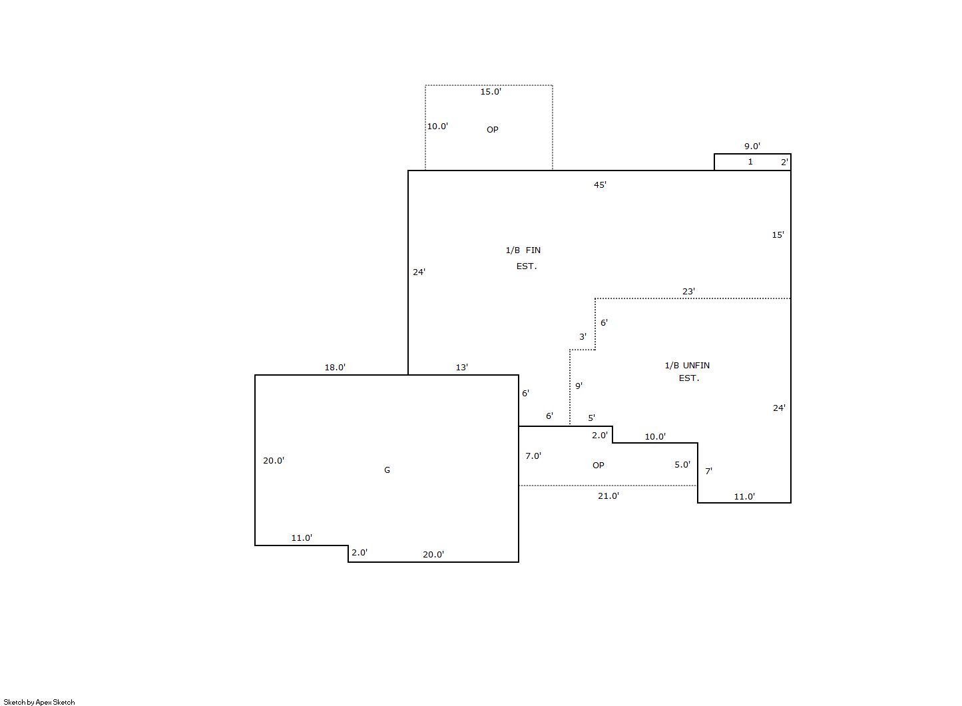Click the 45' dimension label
(x=600, y=184)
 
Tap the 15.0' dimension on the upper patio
(x=491, y=91)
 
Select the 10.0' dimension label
(x=437, y=126)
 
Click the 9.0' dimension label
(x=752, y=146)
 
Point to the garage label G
(x=387, y=470)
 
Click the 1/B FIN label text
(x=523, y=250)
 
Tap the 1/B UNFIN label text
(x=687, y=365)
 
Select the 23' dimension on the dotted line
(x=688, y=291)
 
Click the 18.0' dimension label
(x=335, y=368)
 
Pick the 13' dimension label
(x=461, y=368)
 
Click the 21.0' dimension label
(x=608, y=496)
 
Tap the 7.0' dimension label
(x=533, y=456)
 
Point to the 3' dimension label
(x=583, y=337)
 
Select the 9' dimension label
(x=579, y=386)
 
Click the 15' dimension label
(x=778, y=235)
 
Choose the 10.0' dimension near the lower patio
(x=655, y=436)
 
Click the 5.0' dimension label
(x=682, y=464)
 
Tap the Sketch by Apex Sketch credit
(x=39, y=702)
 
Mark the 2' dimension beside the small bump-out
(x=785, y=163)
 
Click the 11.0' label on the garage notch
(x=302, y=538)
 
